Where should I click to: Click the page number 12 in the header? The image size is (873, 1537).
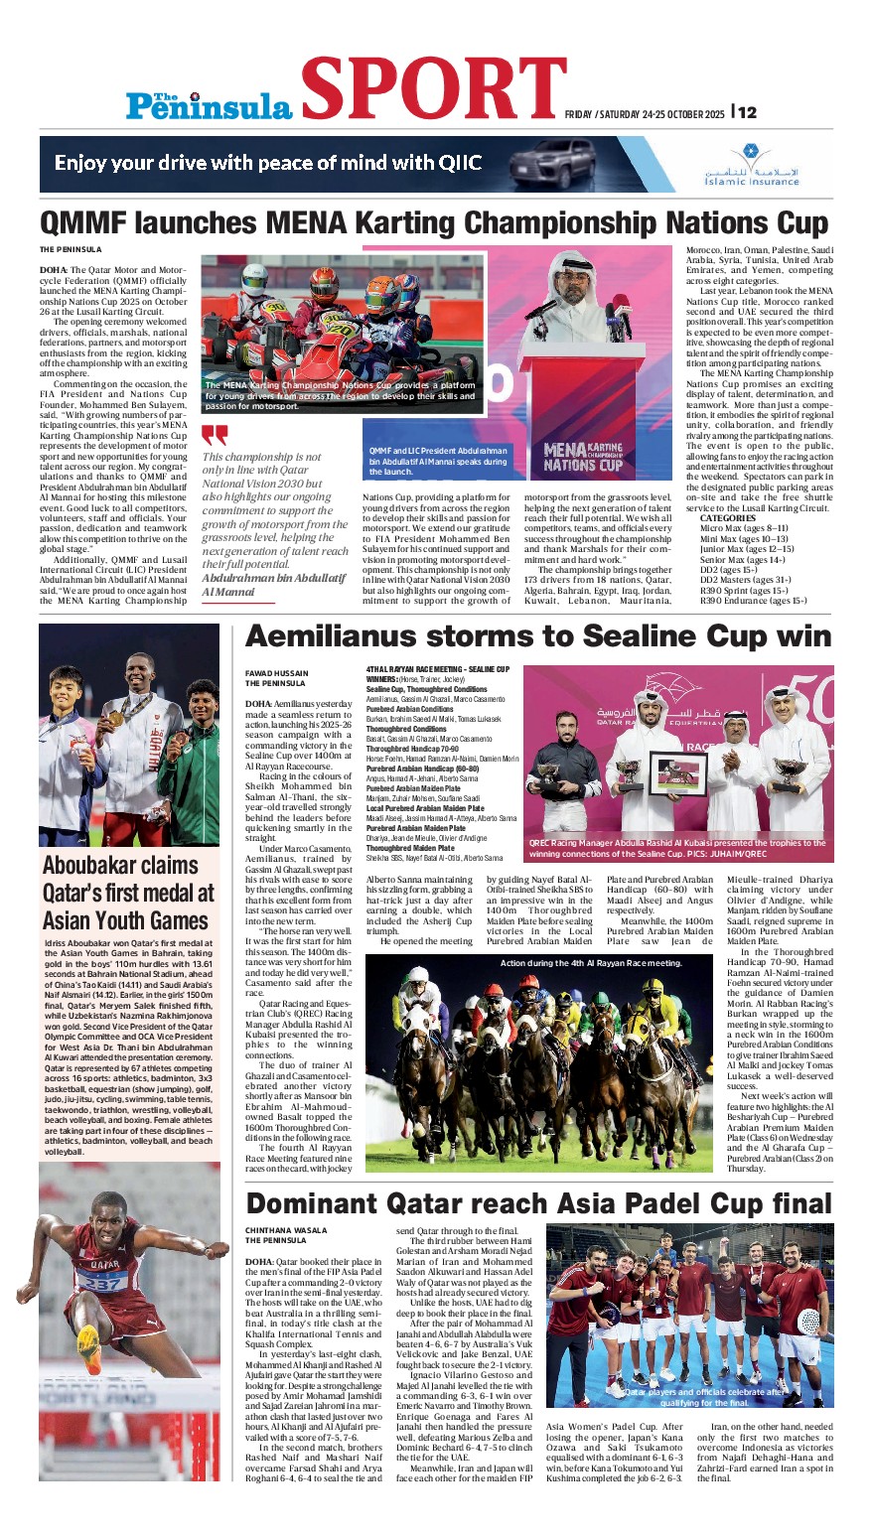click(746, 112)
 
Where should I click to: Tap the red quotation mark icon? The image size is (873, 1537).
click(215, 435)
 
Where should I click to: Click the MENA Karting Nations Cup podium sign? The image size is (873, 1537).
click(582, 457)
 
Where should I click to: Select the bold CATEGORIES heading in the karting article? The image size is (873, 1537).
click(727, 518)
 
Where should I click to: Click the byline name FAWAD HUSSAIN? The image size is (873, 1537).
click(276, 673)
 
